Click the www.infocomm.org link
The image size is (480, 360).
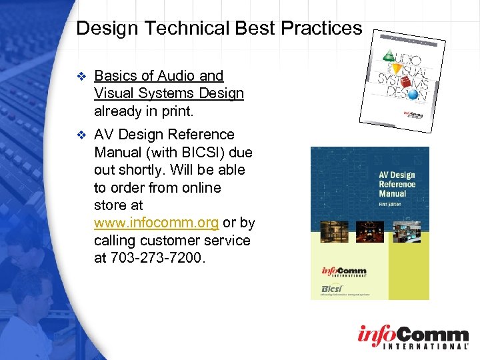click(156, 223)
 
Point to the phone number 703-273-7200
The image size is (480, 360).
click(158, 257)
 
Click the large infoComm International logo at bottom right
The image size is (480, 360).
click(413, 337)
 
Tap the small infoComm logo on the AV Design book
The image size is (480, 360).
click(343, 272)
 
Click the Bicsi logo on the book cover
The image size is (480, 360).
click(333, 288)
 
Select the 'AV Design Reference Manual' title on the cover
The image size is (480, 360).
click(397, 184)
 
